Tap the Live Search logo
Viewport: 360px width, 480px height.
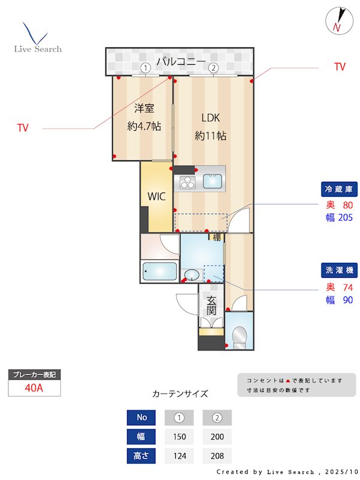(x=37, y=40)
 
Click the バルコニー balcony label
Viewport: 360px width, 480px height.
(x=181, y=61)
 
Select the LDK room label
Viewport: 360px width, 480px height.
(x=211, y=118)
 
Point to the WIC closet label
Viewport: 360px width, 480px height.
(x=157, y=196)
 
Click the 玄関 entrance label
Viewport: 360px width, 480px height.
(x=211, y=306)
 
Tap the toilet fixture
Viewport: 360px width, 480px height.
(x=240, y=337)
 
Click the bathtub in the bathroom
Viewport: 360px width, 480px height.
(x=160, y=272)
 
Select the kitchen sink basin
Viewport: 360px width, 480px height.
(x=213, y=181)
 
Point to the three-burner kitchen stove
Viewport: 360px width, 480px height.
(x=187, y=181)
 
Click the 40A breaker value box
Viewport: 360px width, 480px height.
(x=34, y=388)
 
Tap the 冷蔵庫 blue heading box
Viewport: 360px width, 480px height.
(x=340, y=189)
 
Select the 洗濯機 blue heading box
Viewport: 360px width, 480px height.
(x=340, y=269)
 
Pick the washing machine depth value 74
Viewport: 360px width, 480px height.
(x=347, y=287)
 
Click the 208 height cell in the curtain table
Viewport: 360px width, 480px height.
(x=217, y=456)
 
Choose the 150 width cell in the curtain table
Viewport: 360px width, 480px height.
(x=179, y=437)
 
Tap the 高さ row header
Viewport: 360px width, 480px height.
(x=142, y=456)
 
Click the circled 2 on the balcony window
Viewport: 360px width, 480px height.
(x=213, y=68)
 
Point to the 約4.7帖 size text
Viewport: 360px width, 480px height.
(x=144, y=127)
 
